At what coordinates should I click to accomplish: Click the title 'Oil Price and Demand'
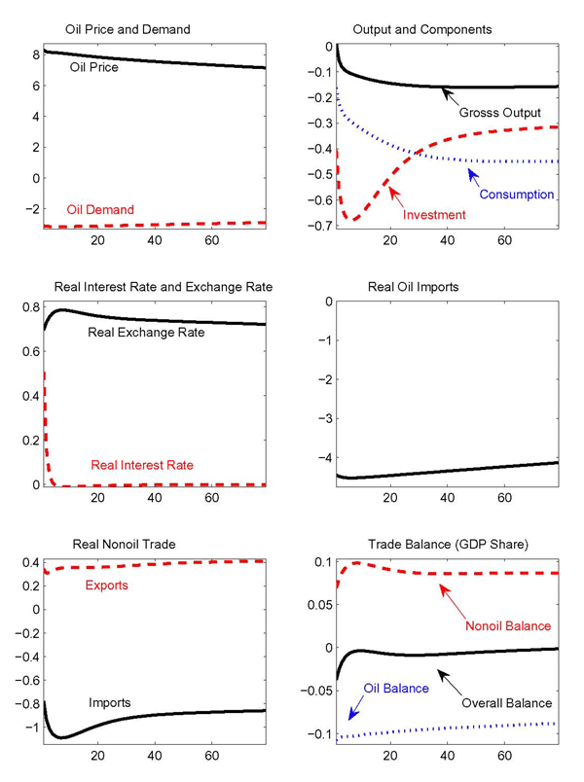127,29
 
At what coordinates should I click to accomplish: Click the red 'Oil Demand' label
100,209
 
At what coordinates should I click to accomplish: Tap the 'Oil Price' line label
93,68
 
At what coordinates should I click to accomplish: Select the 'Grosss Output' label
499,113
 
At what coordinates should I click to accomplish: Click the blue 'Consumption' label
516,195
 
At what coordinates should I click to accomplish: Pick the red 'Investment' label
433,214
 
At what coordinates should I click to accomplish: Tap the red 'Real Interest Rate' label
142,465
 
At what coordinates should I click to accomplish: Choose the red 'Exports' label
106,586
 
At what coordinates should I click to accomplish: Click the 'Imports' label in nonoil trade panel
110,701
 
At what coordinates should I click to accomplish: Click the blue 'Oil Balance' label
396,689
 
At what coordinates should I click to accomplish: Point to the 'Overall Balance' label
507,702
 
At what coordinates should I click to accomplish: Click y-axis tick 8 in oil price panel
35,54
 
